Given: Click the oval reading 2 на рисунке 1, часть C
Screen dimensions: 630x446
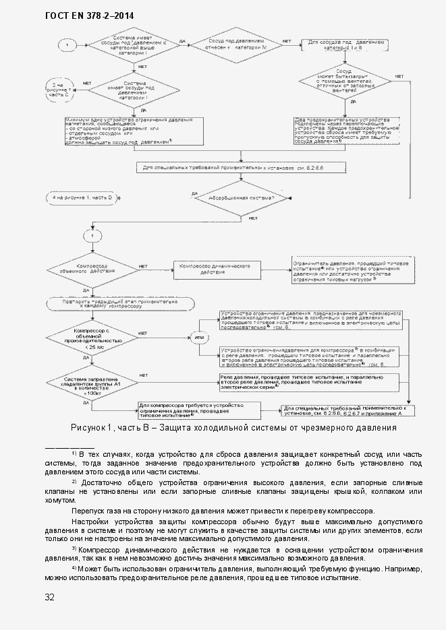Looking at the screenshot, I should pos(59,90).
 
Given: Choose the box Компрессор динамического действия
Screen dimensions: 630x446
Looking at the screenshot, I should pos(215,269).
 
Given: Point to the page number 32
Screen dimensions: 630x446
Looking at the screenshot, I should pos(50,596).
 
